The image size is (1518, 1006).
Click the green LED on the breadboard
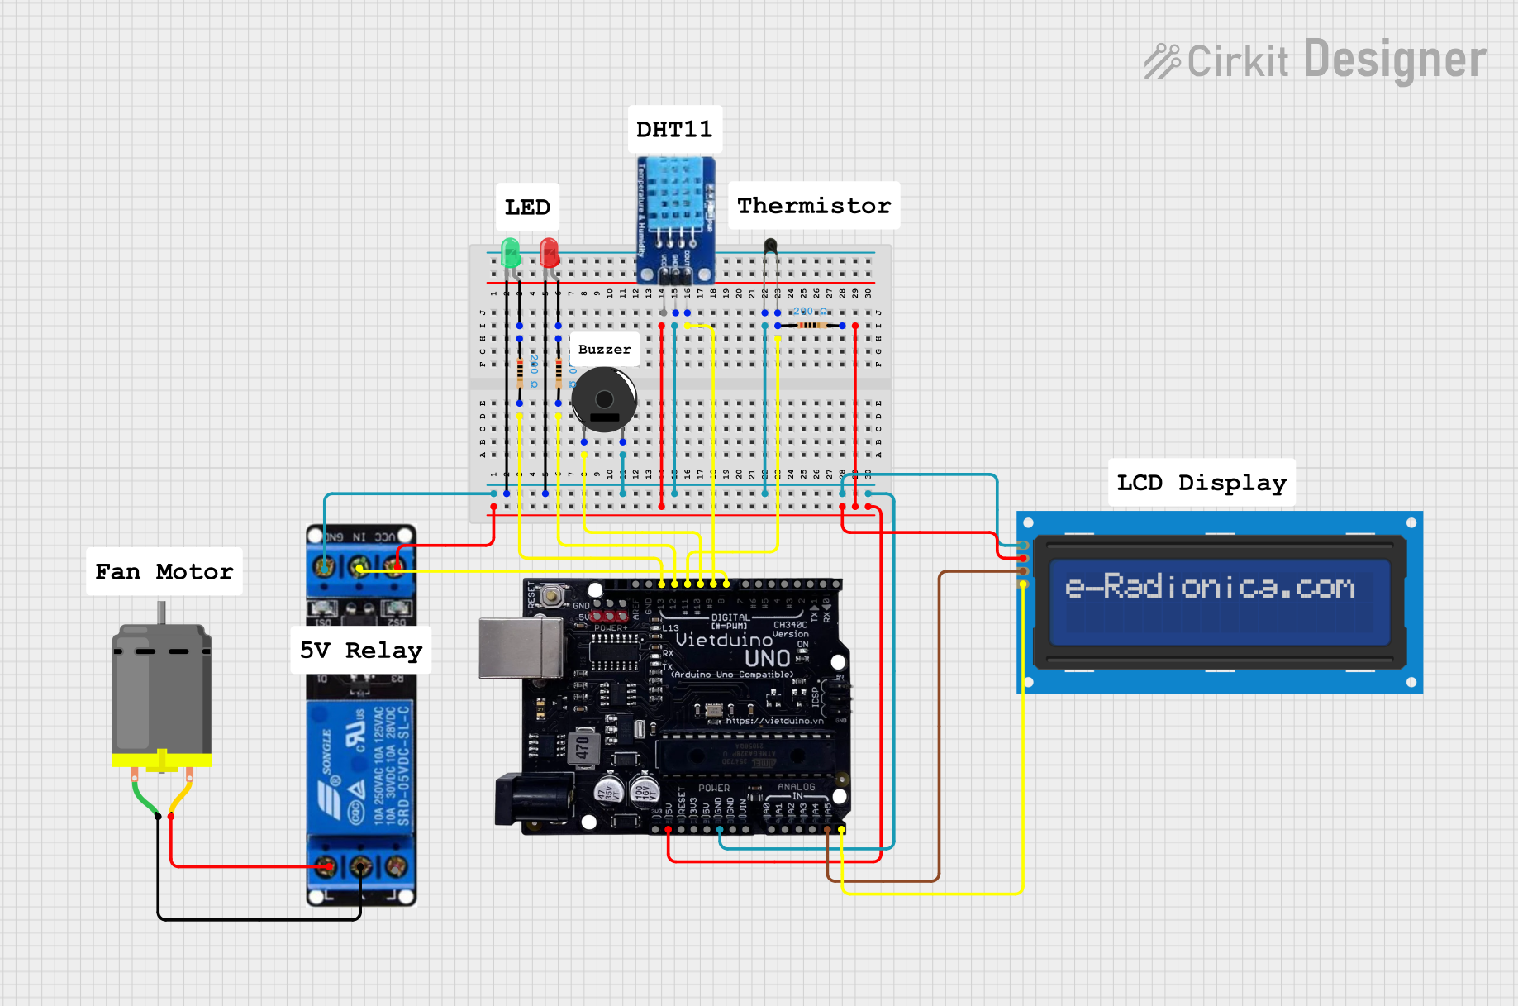(x=510, y=252)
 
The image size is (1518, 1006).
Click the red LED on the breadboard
(x=549, y=252)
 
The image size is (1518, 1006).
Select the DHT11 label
(x=674, y=129)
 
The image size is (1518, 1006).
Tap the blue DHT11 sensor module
(x=675, y=207)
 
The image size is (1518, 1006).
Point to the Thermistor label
(x=814, y=205)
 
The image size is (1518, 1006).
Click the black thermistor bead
(x=770, y=245)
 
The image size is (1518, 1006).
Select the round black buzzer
(x=604, y=400)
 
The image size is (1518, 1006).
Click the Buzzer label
(x=604, y=349)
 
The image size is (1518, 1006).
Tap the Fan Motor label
(x=164, y=571)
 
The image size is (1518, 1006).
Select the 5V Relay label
(x=360, y=650)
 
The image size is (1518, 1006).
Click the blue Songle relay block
(x=360, y=765)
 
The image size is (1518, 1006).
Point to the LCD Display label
(x=1201, y=482)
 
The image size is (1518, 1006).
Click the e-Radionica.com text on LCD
(x=1210, y=587)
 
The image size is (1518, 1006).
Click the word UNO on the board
(x=767, y=658)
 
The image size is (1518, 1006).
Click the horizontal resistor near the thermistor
(x=811, y=326)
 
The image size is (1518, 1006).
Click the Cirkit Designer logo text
(x=1316, y=60)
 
